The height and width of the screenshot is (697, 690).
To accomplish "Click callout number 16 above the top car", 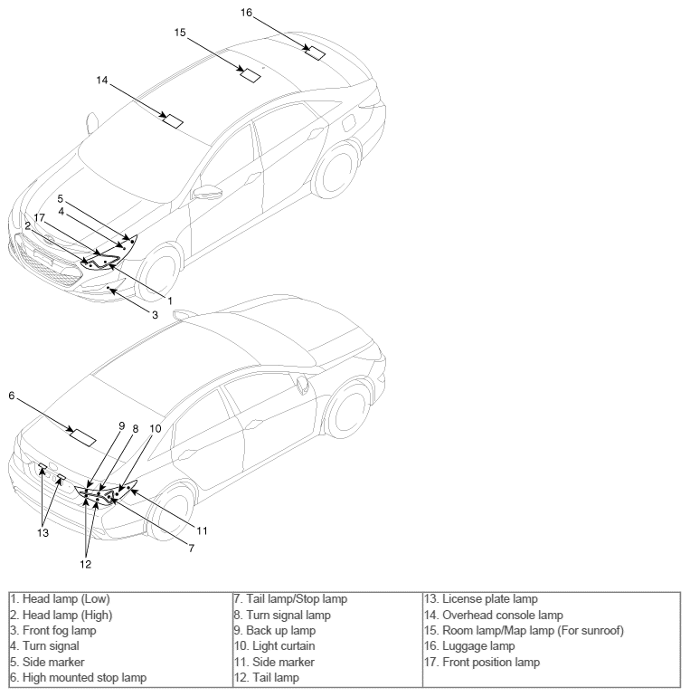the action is (x=246, y=13).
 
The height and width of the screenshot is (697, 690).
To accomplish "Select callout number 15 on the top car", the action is (x=180, y=33).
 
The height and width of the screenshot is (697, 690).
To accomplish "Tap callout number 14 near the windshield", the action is (x=102, y=80).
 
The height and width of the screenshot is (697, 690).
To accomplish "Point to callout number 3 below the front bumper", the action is (x=155, y=315).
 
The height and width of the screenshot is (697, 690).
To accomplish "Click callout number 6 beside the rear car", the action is (x=12, y=396).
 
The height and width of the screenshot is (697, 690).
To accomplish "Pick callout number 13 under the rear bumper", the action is (x=43, y=532).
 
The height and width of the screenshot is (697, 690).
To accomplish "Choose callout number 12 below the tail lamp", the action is (x=86, y=564).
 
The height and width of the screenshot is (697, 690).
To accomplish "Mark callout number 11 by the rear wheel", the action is (x=202, y=530).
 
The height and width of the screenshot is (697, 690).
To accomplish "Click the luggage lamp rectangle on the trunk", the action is (x=316, y=53).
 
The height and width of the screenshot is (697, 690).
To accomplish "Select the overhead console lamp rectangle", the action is (x=173, y=121).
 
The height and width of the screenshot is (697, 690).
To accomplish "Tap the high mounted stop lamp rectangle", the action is (x=83, y=438).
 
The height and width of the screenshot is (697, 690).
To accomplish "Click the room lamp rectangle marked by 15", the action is (x=250, y=75).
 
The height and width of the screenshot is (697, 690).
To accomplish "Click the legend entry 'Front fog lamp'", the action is (x=53, y=630).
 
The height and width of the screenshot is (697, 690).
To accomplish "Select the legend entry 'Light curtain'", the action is (x=275, y=646).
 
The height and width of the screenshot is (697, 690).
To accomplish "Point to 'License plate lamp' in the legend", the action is (x=481, y=598).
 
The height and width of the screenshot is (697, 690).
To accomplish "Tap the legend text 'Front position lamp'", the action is (x=482, y=662).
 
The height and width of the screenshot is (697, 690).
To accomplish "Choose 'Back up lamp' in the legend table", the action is (x=275, y=630).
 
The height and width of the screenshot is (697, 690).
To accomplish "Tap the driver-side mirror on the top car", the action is (x=208, y=192).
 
